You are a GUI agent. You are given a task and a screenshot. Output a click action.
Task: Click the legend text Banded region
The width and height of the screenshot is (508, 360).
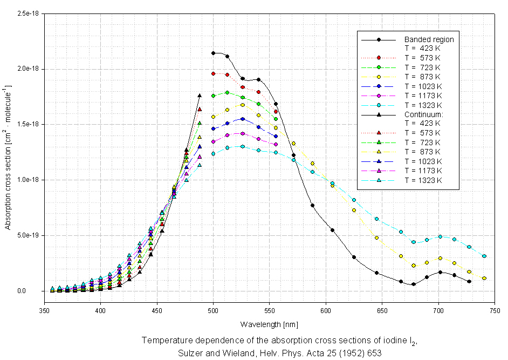(429, 39)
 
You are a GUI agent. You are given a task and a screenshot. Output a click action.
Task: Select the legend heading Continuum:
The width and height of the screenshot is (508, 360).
(423, 115)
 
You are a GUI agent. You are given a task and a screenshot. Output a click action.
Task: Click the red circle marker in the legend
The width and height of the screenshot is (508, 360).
(379, 57)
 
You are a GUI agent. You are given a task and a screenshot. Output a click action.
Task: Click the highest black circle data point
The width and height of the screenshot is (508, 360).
(214, 53)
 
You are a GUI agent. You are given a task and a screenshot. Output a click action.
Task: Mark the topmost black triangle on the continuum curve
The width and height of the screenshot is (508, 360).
(200, 96)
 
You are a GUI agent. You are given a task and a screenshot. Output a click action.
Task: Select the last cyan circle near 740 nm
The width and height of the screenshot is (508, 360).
(484, 256)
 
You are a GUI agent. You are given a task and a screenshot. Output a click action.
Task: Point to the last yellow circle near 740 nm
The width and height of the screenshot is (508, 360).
(484, 278)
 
